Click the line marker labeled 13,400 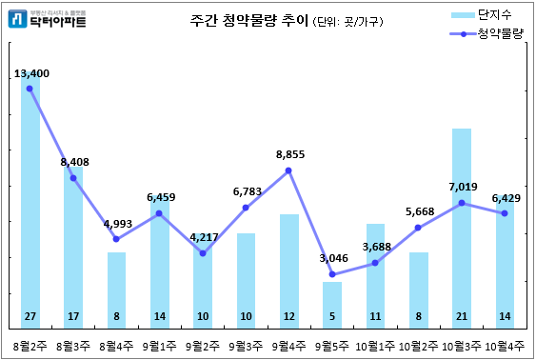30,89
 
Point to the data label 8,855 289,154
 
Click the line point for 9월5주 332,274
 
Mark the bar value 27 30,315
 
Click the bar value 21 462,315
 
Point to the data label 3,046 332,258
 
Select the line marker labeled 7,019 462,203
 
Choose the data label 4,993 116,224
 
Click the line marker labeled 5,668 419,228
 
